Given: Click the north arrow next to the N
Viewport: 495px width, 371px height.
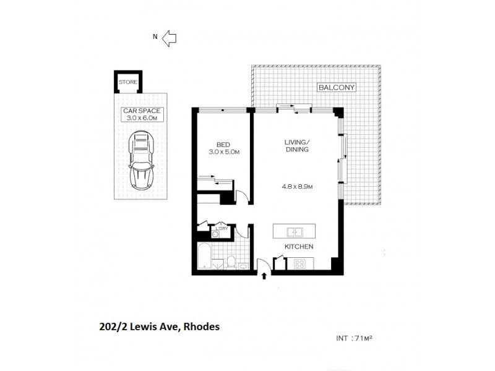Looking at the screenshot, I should click(x=169, y=38).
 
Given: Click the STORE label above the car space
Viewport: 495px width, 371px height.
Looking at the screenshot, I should click(x=129, y=82).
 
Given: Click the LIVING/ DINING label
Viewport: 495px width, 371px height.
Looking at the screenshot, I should click(x=297, y=147).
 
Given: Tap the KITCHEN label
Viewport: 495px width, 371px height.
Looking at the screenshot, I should click(x=299, y=247).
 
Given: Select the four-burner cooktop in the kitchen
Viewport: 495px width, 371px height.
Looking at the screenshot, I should click(x=299, y=264).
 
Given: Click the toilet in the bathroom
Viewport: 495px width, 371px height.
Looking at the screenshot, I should click(x=230, y=262).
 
